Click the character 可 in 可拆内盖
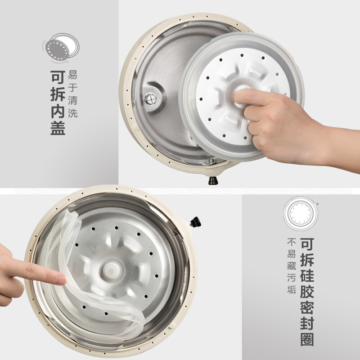point(58,77)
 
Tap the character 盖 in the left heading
point(58,128)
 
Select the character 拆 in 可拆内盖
point(58,94)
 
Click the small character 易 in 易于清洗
point(73,75)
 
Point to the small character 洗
point(73,113)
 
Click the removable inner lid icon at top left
point(61,48)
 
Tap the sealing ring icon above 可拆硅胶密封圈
point(301,214)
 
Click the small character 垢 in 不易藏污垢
point(291,289)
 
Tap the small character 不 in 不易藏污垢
point(291,243)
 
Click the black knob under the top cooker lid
point(213,180)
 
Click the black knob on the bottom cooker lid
point(195,222)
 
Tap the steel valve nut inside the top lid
point(150,99)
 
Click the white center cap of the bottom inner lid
point(111,271)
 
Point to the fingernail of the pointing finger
point(61,280)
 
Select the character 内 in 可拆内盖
point(58,111)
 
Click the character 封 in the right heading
point(307,323)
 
